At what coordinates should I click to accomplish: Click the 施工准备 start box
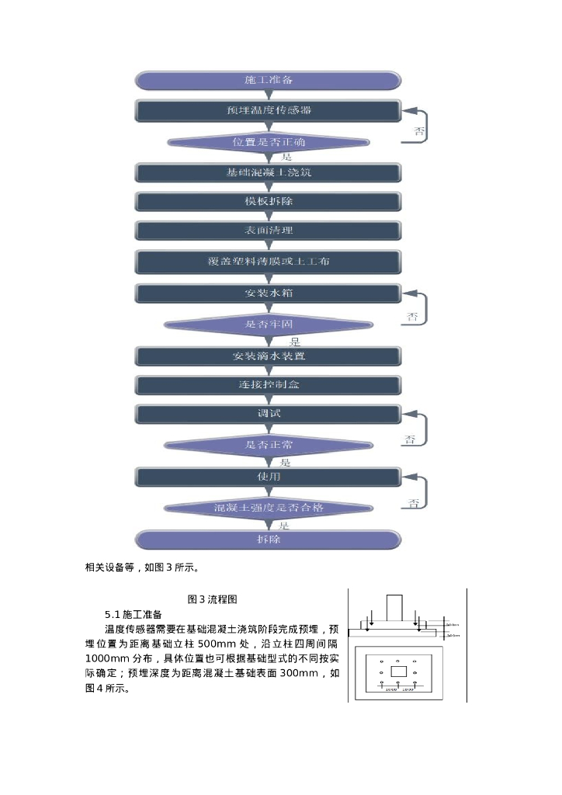point(268,80)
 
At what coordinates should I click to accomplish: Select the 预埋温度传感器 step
point(268,110)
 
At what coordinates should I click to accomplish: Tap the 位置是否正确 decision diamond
point(268,142)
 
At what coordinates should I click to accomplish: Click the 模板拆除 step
point(268,201)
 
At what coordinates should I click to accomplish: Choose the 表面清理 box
point(268,231)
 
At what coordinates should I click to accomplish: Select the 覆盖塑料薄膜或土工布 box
point(268,262)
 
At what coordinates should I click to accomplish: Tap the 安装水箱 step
point(268,293)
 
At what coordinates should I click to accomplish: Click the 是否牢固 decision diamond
point(268,325)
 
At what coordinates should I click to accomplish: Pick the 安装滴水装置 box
point(268,356)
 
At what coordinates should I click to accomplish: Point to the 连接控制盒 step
point(268,384)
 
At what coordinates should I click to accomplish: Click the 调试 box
point(268,414)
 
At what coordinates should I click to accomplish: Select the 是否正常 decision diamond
point(268,445)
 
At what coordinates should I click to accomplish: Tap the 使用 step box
point(268,475)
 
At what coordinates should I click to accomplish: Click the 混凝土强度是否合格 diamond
point(268,507)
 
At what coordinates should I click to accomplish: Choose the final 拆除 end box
point(268,539)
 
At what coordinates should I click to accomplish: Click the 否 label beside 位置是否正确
point(419,132)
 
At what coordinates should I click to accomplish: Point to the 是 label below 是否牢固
point(295,341)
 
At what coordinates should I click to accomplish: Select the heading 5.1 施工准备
point(133,614)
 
